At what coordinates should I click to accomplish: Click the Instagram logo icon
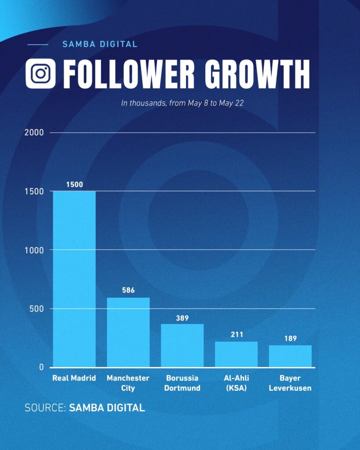point(40,73)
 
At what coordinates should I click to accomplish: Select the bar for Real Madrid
point(74,279)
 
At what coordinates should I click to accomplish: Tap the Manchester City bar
point(128,332)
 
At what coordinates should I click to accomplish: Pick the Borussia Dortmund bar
point(182,345)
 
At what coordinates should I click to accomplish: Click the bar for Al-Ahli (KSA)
point(236,354)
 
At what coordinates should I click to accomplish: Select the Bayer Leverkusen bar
point(290,356)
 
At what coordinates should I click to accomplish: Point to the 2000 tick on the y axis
point(34,132)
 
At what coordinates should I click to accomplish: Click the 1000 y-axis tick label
point(35,250)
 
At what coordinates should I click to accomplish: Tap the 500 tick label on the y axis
point(36,308)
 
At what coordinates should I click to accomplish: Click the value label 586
point(128,290)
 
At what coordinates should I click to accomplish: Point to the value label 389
point(182,318)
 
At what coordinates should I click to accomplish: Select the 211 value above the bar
point(236,334)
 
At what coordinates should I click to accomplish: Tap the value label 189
point(290,338)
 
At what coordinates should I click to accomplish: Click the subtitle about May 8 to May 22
point(182,103)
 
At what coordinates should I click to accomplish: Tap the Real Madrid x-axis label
point(74,378)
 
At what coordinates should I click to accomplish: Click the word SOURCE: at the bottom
point(45,407)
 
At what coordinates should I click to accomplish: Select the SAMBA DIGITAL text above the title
point(100,44)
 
